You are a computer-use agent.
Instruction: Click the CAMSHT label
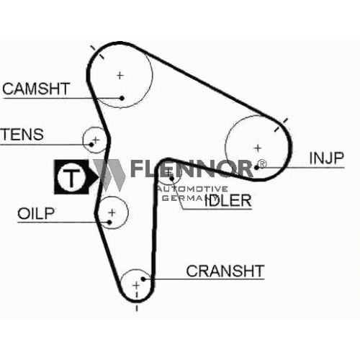pyautogui.click(x=36, y=89)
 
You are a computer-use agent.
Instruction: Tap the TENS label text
pyautogui.click(x=23, y=134)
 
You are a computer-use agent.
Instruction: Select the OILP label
pyautogui.click(x=36, y=213)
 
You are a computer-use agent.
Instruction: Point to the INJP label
pyautogui.click(x=327, y=158)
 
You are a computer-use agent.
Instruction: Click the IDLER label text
pyautogui.click(x=228, y=200)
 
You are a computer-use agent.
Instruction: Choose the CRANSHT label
pyautogui.click(x=225, y=271)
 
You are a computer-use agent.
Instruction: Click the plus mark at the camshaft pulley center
pyautogui.click(x=120, y=76)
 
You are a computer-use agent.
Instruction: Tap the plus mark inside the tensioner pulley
pyautogui.click(x=96, y=140)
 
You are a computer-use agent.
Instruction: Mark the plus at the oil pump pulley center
pyautogui.click(x=112, y=212)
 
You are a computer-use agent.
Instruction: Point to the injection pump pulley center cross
pyautogui.click(x=258, y=148)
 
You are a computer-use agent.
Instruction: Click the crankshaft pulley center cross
pyautogui.click(x=136, y=286)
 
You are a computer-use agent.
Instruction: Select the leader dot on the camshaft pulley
pyautogui.click(x=122, y=98)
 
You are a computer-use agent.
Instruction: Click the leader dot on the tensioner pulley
pyautogui.click(x=91, y=145)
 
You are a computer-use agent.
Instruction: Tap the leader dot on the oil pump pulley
pyautogui.click(x=109, y=222)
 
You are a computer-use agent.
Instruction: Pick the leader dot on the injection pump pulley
pyautogui.click(x=256, y=167)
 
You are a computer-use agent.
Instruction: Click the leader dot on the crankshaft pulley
pyautogui.click(x=143, y=279)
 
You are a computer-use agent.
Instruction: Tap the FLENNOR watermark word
pyautogui.click(x=192, y=168)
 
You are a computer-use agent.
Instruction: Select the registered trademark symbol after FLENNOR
pyautogui.click(x=262, y=164)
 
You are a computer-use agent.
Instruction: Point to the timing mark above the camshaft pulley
pyautogui.click(x=97, y=52)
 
